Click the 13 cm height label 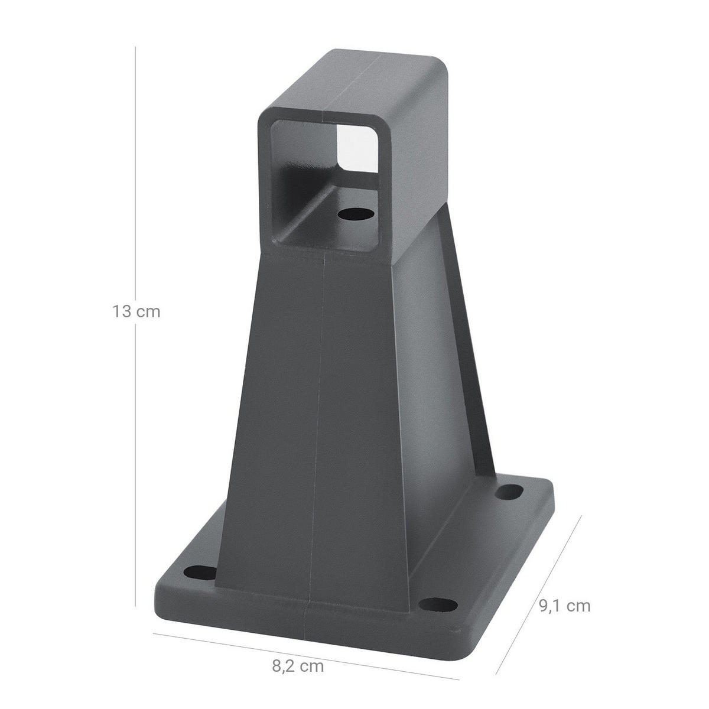pyautogui.click(x=136, y=311)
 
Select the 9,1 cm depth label pyautogui.click(x=564, y=605)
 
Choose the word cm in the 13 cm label pyautogui.click(x=148, y=311)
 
